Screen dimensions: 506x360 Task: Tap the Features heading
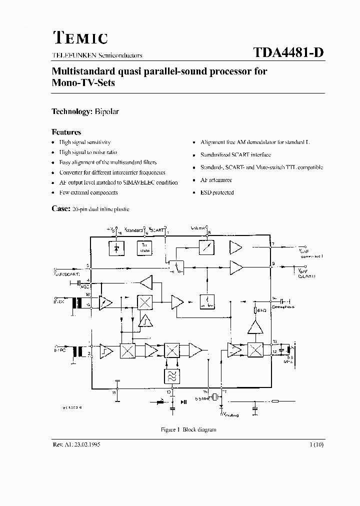click(x=66, y=132)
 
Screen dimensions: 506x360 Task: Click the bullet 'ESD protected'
click(x=217, y=192)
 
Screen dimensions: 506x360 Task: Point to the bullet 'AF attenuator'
click(x=216, y=180)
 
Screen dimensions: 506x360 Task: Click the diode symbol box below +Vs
click(x=116, y=247)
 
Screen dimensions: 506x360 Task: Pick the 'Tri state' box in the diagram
click(x=146, y=247)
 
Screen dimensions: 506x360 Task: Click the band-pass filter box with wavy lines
click(x=171, y=375)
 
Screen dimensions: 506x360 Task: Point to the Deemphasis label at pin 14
click(x=284, y=303)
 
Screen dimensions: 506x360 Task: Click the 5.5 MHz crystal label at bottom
click(x=201, y=398)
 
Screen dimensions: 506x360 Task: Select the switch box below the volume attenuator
click(x=175, y=267)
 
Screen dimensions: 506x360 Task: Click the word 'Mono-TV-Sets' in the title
click(x=83, y=82)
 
